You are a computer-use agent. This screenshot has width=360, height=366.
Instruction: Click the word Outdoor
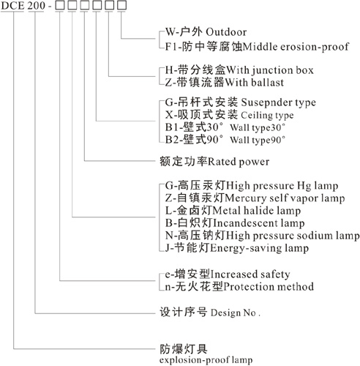click(226, 32)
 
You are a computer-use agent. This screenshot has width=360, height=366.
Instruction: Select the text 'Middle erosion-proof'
click(296, 46)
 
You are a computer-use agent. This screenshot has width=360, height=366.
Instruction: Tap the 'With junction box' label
click(270, 70)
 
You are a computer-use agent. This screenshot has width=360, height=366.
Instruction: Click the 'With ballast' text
click(254, 83)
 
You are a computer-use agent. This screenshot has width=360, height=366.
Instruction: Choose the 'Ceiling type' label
click(267, 115)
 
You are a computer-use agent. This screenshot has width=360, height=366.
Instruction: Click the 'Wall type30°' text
click(258, 127)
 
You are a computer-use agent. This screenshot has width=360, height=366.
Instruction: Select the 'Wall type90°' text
click(258, 140)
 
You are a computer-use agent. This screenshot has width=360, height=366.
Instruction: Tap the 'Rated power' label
click(239, 162)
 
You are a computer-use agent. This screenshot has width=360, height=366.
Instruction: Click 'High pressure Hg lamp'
click(282, 186)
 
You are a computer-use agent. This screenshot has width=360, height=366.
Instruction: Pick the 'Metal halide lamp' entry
click(257, 211)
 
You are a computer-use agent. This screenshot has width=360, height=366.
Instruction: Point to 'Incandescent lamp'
click(259, 223)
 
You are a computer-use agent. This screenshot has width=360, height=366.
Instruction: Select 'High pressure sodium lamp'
click(293, 236)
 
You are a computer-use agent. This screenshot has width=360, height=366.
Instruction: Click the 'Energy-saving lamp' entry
click(260, 248)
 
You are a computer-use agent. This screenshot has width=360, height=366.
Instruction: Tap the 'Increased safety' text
click(250, 274)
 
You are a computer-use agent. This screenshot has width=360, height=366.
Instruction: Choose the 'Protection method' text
click(269, 287)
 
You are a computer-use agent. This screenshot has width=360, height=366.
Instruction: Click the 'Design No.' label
click(236, 313)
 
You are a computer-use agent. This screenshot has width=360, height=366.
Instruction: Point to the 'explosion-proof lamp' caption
click(206, 360)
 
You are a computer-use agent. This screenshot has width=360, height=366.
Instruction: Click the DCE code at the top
click(12, 6)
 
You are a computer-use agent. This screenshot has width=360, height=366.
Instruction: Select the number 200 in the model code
click(37, 6)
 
